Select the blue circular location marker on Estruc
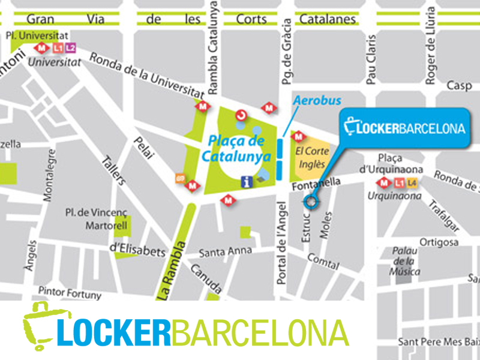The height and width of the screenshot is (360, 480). [x=310, y=202]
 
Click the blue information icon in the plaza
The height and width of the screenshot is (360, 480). [x=245, y=180]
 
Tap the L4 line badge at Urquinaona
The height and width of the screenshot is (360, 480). [x=411, y=183]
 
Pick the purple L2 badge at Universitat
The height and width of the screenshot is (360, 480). [x=70, y=47]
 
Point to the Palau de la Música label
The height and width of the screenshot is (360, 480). [x=406, y=261]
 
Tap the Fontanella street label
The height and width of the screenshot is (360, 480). [x=317, y=185]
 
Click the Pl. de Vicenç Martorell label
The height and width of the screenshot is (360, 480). [x=92, y=220]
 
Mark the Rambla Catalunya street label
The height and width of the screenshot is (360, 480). [x=212, y=48]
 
